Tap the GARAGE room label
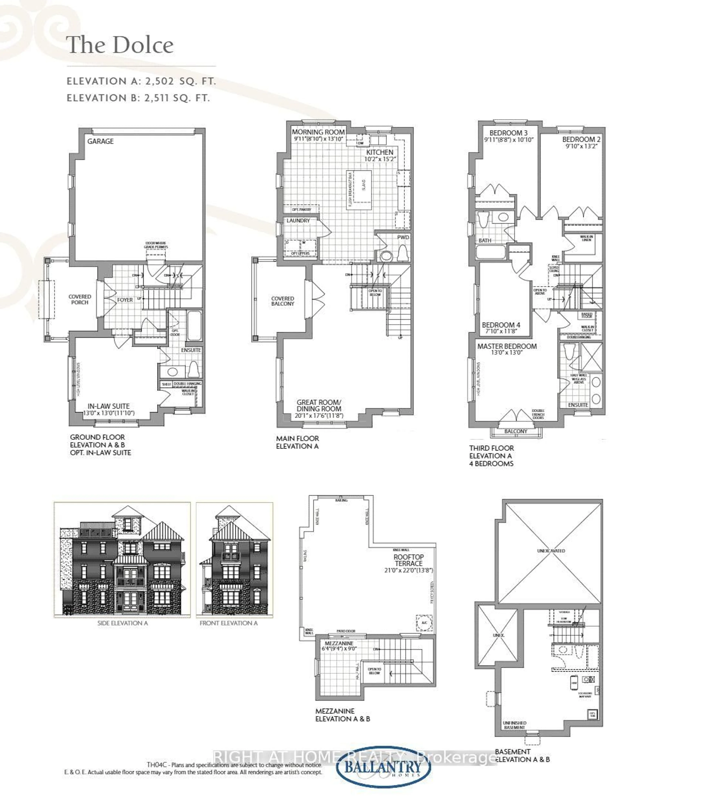coord(100,141)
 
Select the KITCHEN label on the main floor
coord(379,152)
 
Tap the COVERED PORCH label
coord(80,299)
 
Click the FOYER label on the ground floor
coord(125,300)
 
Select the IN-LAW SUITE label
coord(109,406)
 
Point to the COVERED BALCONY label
coord(283,301)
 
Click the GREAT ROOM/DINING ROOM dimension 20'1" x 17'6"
coord(319,415)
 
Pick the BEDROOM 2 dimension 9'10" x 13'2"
coord(581,146)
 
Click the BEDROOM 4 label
coord(501,325)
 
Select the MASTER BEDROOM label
coord(507,346)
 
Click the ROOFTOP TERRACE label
coord(408,560)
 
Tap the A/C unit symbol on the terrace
coord(424,622)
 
